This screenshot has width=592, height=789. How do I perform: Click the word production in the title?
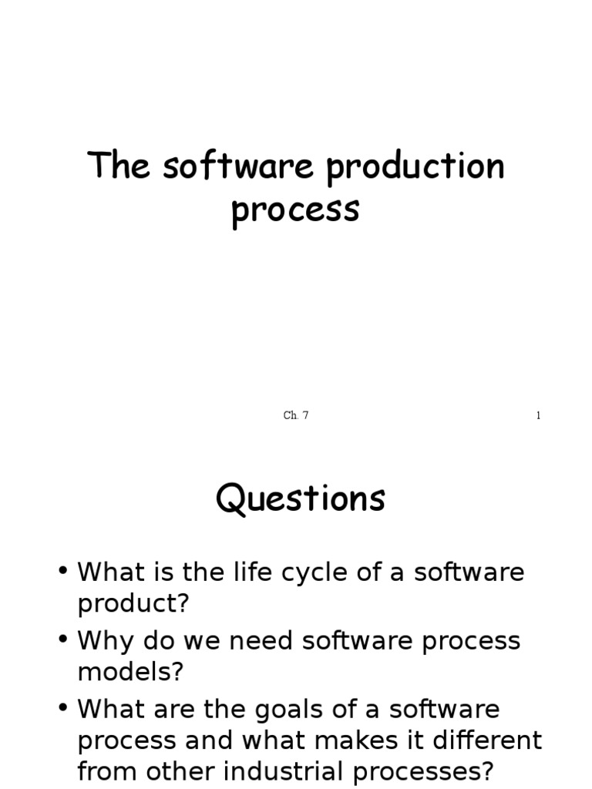[415, 167]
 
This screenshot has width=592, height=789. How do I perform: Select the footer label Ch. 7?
[296, 416]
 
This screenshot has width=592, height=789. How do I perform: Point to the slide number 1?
[538, 416]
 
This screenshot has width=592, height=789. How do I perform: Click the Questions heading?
[300, 499]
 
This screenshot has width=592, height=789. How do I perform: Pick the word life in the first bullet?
[271, 572]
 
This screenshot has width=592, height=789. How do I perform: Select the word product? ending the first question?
[133, 604]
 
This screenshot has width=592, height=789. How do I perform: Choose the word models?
[131, 672]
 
